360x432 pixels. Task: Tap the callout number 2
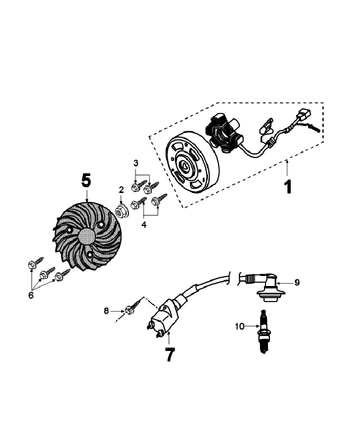click(x=120, y=189)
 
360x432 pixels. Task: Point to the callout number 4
click(x=144, y=225)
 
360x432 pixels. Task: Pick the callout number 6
click(x=31, y=295)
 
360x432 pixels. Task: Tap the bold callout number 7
click(x=169, y=354)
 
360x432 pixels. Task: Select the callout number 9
click(x=297, y=282)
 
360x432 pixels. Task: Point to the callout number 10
click(x=239, y=326)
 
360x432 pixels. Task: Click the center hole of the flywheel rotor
click(x=185, y=166)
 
